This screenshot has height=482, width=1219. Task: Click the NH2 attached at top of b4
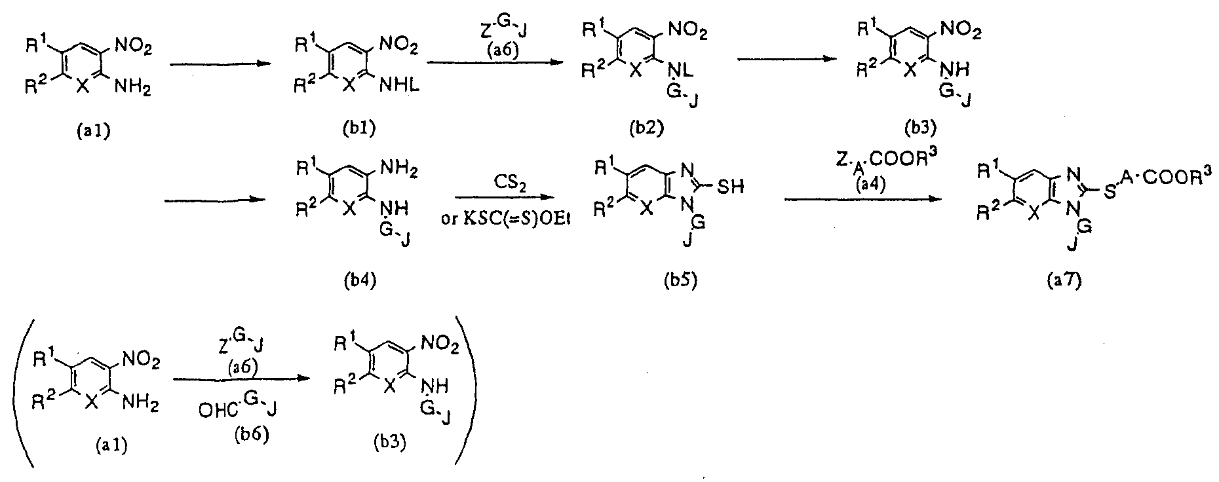[x=400, y=169]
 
